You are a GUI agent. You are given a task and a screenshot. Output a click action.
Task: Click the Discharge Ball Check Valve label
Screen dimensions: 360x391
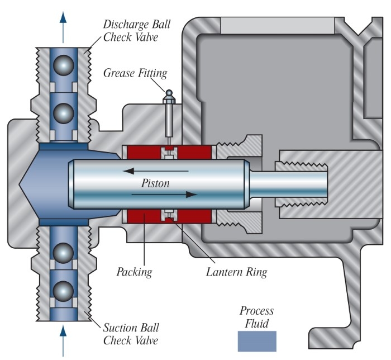click(136, 32)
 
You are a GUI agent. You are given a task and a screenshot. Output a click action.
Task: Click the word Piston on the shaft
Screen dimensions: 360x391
click(155, 183)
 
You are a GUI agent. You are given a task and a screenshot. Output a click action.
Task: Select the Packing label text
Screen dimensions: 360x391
click(135, 273)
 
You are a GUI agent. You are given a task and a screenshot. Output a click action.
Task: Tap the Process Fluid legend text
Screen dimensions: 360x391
click(256, 316)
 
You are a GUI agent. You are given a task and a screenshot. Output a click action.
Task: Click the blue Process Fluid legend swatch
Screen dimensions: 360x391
click(256, 341)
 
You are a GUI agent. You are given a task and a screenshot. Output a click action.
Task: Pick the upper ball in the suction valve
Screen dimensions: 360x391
click(63, 255)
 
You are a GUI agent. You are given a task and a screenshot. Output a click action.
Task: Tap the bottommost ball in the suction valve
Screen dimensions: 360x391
click(63, 292)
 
